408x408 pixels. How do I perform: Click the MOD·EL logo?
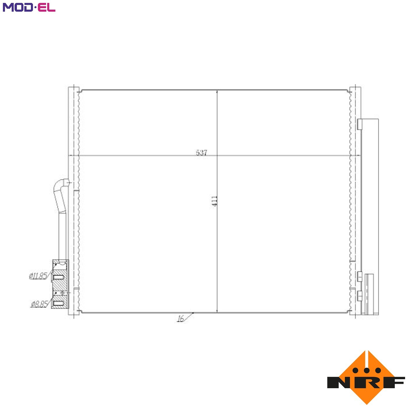click(x=29, y=7)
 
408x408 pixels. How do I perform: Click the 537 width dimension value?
click(x=201, y=153)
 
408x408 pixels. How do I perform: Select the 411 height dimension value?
click(x=214, y=201)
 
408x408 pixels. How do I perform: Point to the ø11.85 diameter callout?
click(x=38, y=276)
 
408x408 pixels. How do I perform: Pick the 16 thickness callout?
click(x=181, y=319)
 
